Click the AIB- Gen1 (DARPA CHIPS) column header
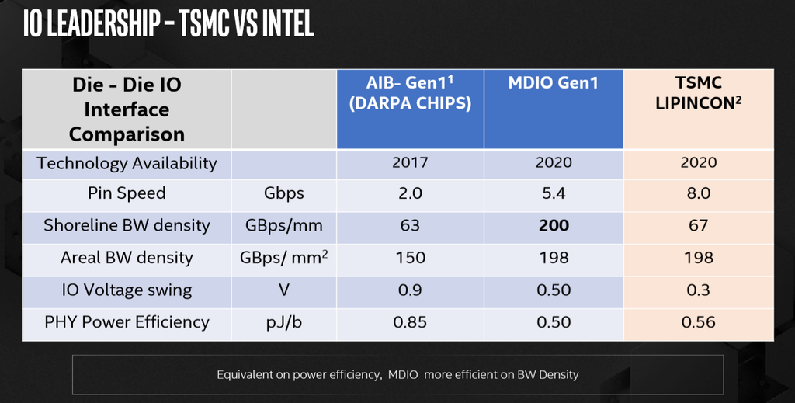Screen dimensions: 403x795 pos(410,93)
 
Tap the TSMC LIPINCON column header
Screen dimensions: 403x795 pos(698,92)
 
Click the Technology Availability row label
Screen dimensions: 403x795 pos(127,163)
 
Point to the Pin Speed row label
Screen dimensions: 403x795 pos(127,193)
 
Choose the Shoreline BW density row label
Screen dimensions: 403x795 pos(127,225)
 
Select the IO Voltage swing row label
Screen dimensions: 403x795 pos(127,290)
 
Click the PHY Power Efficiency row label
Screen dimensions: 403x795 pos(127,321)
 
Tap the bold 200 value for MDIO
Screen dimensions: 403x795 pos(554,226)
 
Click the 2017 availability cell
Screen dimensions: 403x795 pos(410,163)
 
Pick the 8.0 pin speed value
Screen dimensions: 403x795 pos(698,194)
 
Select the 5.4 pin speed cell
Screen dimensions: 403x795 pos(554,194)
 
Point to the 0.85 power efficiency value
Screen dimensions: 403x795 pos(410,322)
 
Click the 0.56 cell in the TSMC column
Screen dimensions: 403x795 pos(698,322)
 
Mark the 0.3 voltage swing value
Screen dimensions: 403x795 pos(698,290)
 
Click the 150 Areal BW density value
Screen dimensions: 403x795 pos(410,258)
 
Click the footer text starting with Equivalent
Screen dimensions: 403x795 pos(397,374)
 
